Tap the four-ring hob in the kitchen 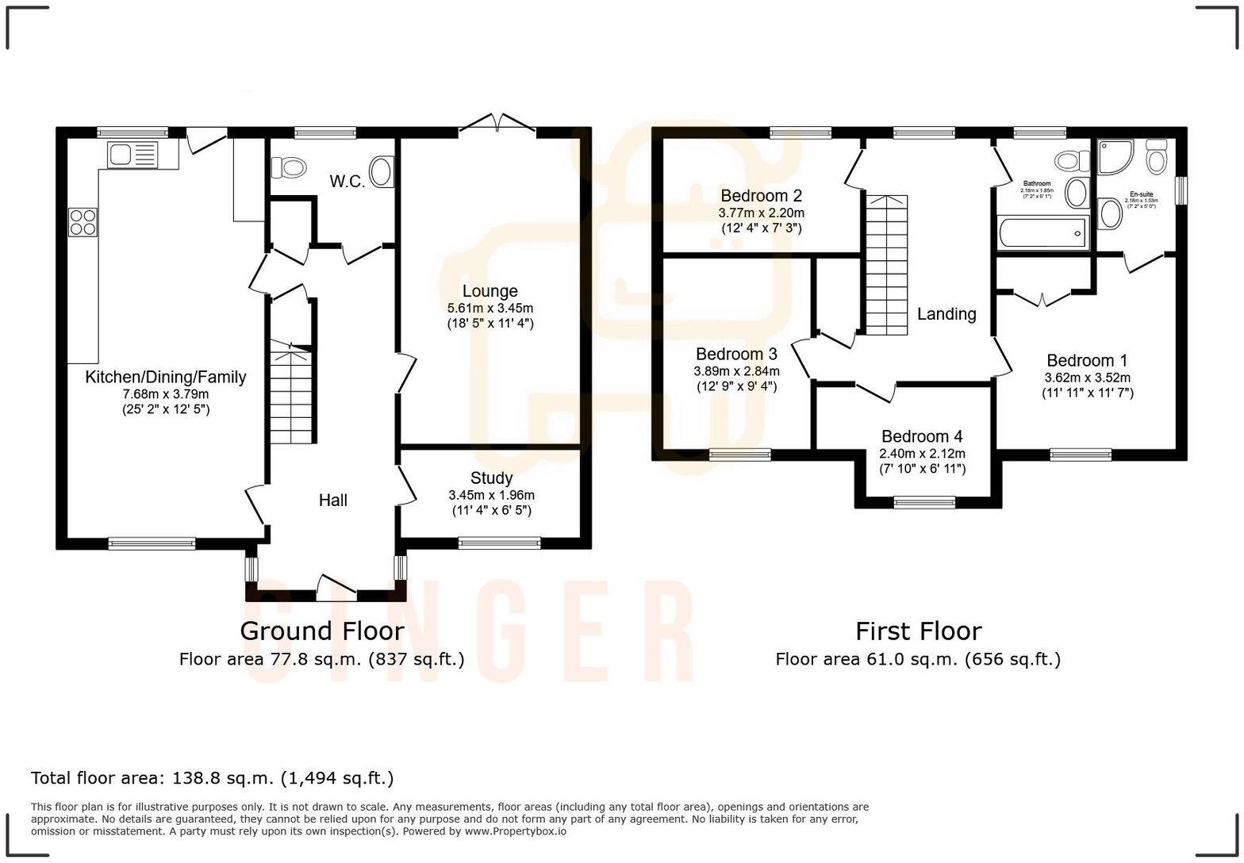tap(83, 221)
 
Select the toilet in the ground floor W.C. tap(289, 167)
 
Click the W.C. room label tap(347, 182)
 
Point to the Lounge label tap(490, 291)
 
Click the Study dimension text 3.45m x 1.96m tap(491, 495)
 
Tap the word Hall tap(333, 501)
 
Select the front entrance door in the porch tap(336, 585)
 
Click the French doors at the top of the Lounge tap(497, 123)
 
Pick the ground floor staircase tap(291, 393)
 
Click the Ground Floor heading tap(321, 631)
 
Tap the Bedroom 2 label tap(761, 196)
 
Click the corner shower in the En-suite tap(1117, 157)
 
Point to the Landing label tap(946, 314)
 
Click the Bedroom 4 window tap(924, 502)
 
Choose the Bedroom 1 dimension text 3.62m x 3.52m tap(1087, 378)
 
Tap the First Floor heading tap(918, 631)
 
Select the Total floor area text tap(212, 778)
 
